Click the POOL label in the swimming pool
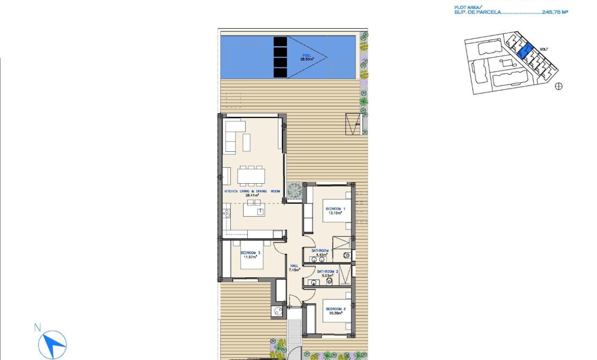coord(307,55)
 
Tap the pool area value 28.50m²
coord(307,59)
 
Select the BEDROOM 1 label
coord(335,209)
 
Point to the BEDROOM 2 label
coord(335,309)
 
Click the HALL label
coord(294,266)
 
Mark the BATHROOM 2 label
coord(327,271)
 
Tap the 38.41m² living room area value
coord(251,195)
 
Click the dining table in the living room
coord(250,175)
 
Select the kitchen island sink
coord(260,211)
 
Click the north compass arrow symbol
coord(53,344)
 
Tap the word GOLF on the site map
coord(543,49)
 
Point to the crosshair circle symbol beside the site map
coord(558,87)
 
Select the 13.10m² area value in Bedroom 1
coord(335,213)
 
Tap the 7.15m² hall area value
coord(294,270)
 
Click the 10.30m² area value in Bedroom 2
coord(335,313)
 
